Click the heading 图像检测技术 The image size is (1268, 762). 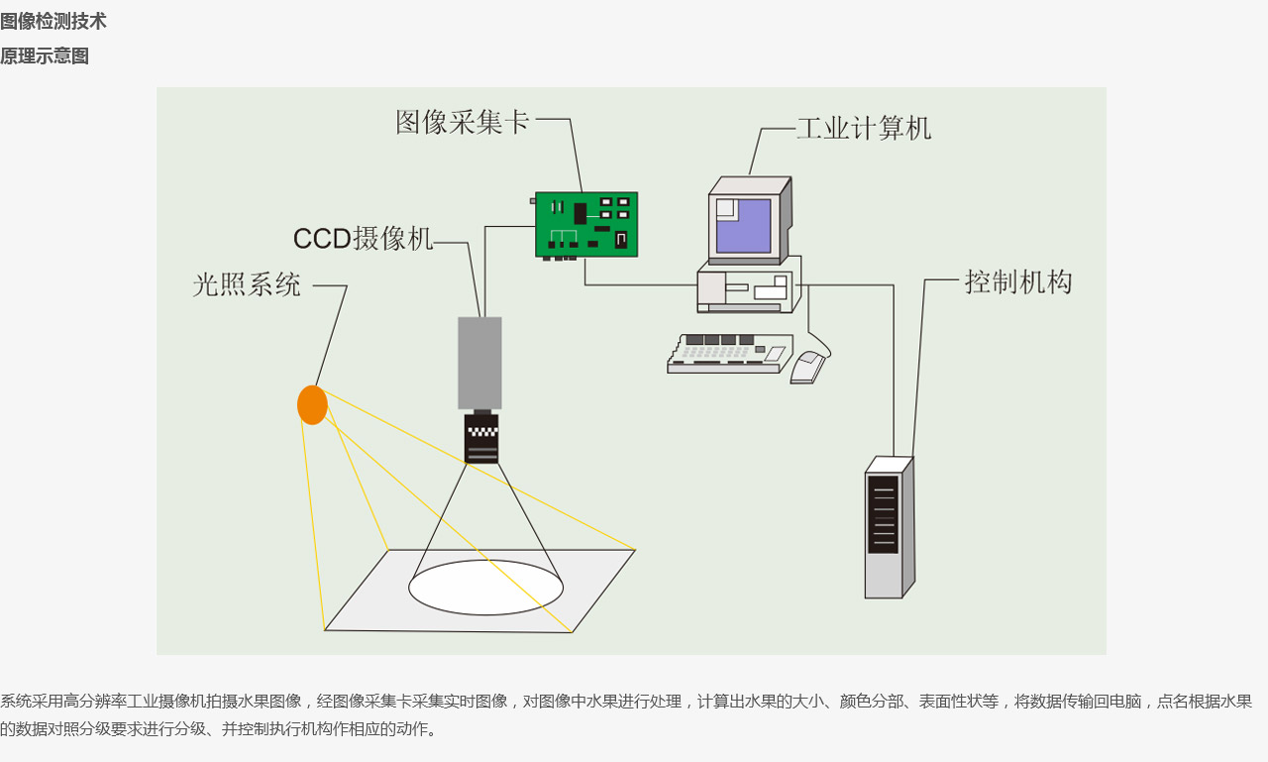coord(53,22)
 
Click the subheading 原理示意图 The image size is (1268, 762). coord(45,56)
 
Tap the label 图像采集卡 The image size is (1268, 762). coord(463,122)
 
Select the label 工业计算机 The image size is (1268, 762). coord(864,129)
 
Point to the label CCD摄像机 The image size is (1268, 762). coord(363,239)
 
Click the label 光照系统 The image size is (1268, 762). coord(247,285)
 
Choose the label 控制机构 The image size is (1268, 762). coord(1018,282)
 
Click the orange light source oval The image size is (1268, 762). coord(312,405)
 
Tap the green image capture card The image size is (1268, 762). coord(586,225)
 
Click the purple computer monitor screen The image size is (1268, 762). coord(744,225)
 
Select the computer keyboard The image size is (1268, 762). coord(728,354)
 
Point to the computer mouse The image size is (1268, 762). coord(807,368)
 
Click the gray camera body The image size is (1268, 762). coord(479,363)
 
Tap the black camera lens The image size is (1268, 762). coord(481,439)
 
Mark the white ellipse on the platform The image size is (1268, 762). coord(485,588)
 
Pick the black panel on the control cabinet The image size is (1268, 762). coord(883,514)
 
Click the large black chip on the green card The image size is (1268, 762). coord(581,213)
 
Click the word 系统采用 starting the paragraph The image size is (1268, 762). coord(32,702)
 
